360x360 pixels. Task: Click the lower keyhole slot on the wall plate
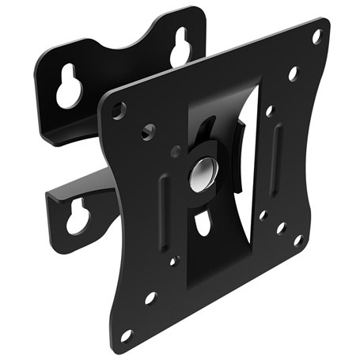pos(77,216)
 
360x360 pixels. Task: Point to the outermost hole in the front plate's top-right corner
pos(316,36)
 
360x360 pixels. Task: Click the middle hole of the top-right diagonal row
pos(293,73)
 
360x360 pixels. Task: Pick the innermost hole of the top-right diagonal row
pos(269,112)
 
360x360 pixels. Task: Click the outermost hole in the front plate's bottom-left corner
pos(126,335)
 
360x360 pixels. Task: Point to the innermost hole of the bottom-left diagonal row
pos(174,260)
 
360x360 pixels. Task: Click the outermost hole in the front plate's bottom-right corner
pos(298,239)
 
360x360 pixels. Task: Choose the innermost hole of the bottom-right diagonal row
pos(263,214)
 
